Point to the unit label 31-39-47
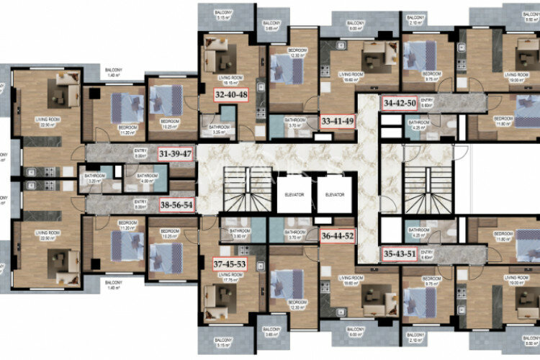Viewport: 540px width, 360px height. pyautogui.click(x=176, y=153)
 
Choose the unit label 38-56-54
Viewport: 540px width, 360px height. pyautogui.click(x=176, y=203)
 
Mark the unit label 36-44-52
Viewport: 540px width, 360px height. pyautogui.click(x=337, y=235)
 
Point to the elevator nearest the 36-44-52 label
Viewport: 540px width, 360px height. pyautogui.click(x=334, y=194)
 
